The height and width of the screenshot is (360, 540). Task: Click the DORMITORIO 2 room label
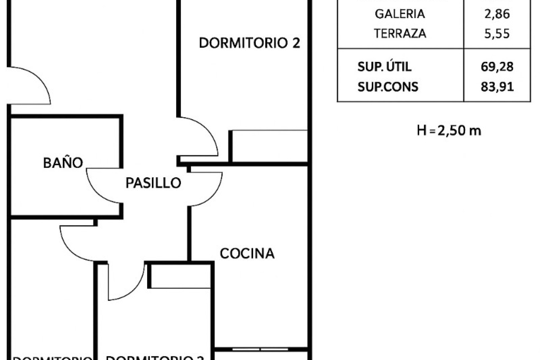[x=249, y=43]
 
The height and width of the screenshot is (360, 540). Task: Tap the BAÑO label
[x=63, y=163]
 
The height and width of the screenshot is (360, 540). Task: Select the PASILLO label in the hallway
[x=153, y=183]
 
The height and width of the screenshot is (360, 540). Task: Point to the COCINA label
[x=247, y=253]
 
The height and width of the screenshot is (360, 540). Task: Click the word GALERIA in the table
[x=400, y=14]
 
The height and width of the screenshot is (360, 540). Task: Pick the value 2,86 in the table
[x=497, y=14]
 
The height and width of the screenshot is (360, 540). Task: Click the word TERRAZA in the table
[x=400, y=33]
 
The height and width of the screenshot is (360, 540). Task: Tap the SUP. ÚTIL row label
[x=384, y=67]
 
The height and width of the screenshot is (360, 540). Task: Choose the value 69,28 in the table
[x=497, y=67]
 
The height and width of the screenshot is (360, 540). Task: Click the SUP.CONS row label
[x=388, y=87]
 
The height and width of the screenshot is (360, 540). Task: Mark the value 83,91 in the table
[x=497, y=87]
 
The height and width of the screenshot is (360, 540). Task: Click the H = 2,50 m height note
[x=449, y=131]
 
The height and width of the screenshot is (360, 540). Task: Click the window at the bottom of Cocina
[x=260, y=349]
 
